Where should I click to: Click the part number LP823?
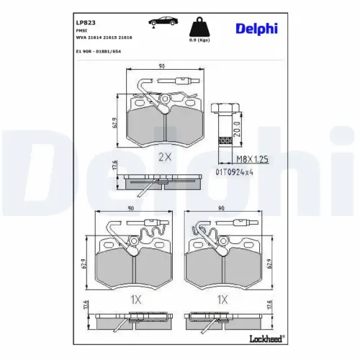[85, 22]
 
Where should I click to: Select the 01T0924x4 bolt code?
[234, 171]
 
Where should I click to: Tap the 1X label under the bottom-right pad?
[223, 299]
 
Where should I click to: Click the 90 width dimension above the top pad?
[161, 66]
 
